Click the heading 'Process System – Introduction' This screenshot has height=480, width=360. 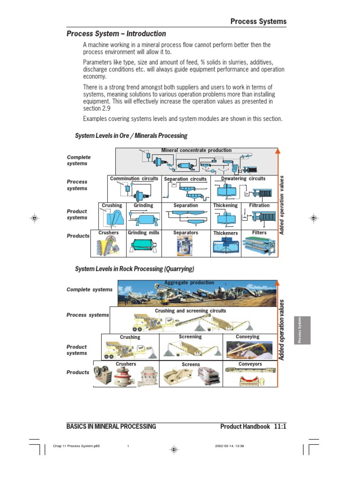[x=116, y=34]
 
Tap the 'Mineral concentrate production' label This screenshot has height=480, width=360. [x=196, y=150]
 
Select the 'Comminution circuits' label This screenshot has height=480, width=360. [x=134, y=179]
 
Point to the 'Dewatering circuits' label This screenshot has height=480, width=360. [x=243, y=179]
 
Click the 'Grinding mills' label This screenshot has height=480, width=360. [x=143, y=232]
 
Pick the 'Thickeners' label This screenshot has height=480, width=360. [x=225, y=233]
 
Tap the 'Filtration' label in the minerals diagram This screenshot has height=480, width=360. [x=259, y=205]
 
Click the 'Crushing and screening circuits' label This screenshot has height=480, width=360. [x=190, y=311]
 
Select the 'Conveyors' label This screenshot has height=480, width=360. [x=250, y=364]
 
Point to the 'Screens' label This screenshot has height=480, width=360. [x=191, y=364]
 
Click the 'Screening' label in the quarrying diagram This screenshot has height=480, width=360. [x=190, y=337]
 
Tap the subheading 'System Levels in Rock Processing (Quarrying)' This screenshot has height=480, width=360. [x=135, y=269]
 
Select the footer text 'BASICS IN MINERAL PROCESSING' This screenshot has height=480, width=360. [x=112, y=427]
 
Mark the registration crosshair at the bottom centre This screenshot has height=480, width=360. [x=174, y=449]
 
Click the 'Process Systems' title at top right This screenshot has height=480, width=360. [x=258, y=22]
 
